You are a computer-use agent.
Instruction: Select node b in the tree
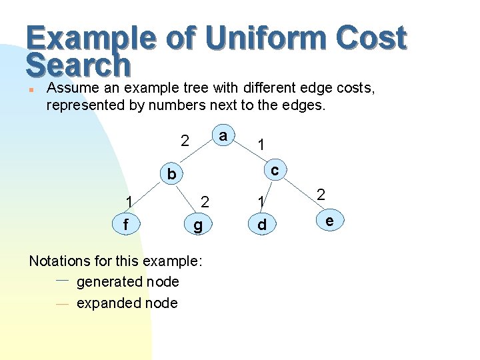coord(172,175)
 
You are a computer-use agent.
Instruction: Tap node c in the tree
coord(274,171)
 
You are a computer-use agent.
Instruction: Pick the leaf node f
coord(126,225)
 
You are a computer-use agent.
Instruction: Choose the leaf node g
coord(197,225)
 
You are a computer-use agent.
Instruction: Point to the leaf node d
coord(262,225)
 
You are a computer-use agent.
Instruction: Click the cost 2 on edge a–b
coord(185,141)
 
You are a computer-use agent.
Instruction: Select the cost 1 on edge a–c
coord(262,144)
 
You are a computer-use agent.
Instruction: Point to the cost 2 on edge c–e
coord(321,195)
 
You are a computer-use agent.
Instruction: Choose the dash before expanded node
coord(63,303)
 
